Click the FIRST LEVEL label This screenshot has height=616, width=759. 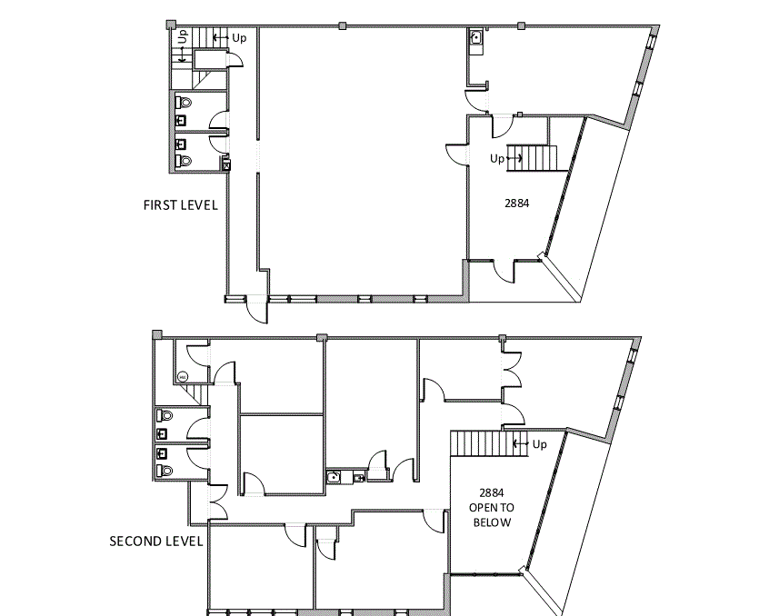coord(180,204)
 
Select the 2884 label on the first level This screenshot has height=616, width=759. coord(516,204)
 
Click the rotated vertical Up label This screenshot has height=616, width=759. coord(183,37)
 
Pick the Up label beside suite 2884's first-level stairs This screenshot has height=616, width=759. coord(497,158)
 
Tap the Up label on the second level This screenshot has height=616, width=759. coord(539,444)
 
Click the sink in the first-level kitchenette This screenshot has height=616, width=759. coord(475,38)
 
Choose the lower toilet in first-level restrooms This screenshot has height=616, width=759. coord(185,160)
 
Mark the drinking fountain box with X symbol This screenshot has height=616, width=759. coord(225,164)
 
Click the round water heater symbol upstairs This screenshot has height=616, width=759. coord(182,376)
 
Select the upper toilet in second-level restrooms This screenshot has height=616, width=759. coord(165,414)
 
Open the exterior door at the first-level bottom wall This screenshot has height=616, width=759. coord(259,311)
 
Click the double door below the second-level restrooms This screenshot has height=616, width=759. coord(217,498)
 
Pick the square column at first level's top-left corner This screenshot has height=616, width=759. coord(170,25)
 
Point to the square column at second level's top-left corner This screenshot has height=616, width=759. coord(157,335)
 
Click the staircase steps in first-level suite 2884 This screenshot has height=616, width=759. coord(529,157)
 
